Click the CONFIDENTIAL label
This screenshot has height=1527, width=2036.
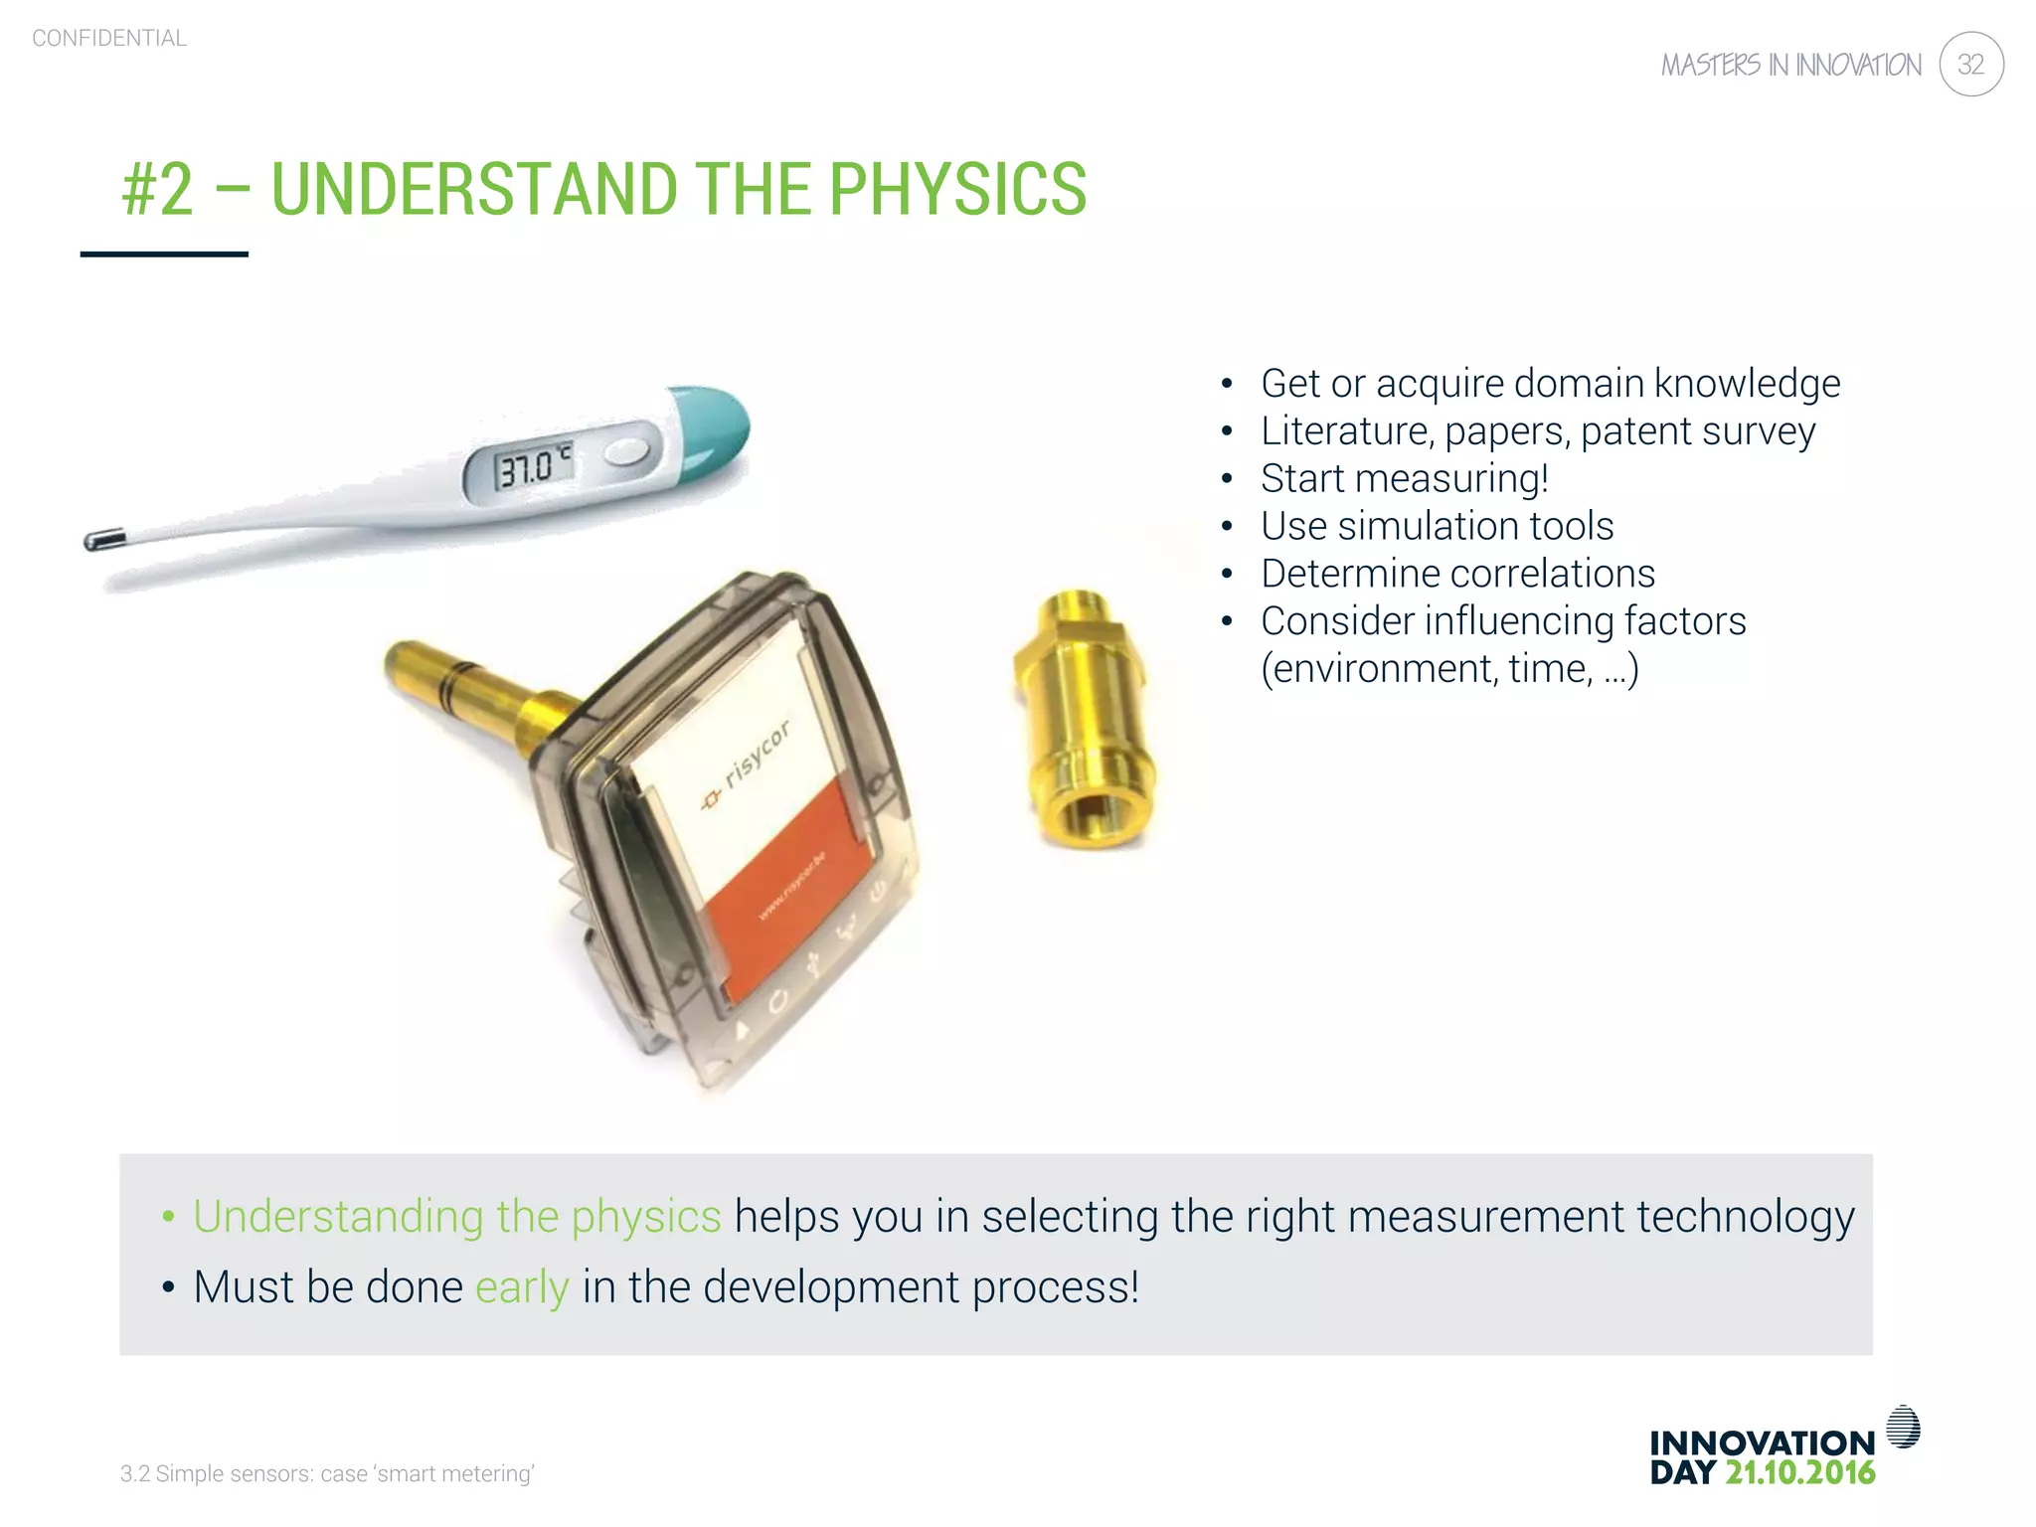click(x=109, y=39)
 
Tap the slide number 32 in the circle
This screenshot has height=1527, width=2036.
click(x=1970, y=65)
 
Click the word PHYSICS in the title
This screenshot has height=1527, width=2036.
click(x=957, y=189)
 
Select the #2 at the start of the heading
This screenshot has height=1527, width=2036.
click(x=157, y=189)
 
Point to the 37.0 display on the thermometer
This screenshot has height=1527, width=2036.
click(x=526, y=467)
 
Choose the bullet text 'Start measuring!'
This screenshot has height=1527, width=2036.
click(x=1404, y=478)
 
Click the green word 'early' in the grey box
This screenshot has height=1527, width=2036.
click(x=522, y=1287)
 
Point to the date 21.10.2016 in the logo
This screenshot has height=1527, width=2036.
click(x=1799, y=1472)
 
